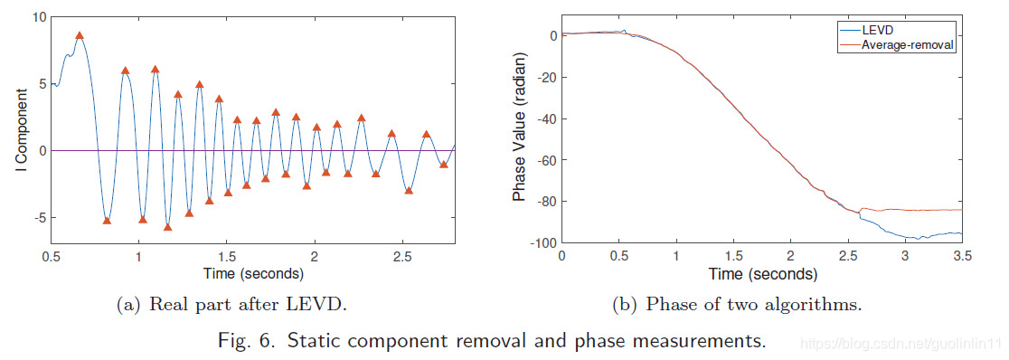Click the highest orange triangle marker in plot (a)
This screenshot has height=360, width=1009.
[80, 35]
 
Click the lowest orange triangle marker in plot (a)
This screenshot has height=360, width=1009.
[168, 227]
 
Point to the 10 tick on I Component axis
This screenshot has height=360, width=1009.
[39, 17]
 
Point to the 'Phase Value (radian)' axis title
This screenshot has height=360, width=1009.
[519, 128]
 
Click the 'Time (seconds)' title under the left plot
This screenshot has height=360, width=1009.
[253, 273]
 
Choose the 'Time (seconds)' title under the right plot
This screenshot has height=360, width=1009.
[762, 274]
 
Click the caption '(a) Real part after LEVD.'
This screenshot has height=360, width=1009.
[231, 305]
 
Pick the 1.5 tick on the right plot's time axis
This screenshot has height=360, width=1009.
[733, 256]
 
